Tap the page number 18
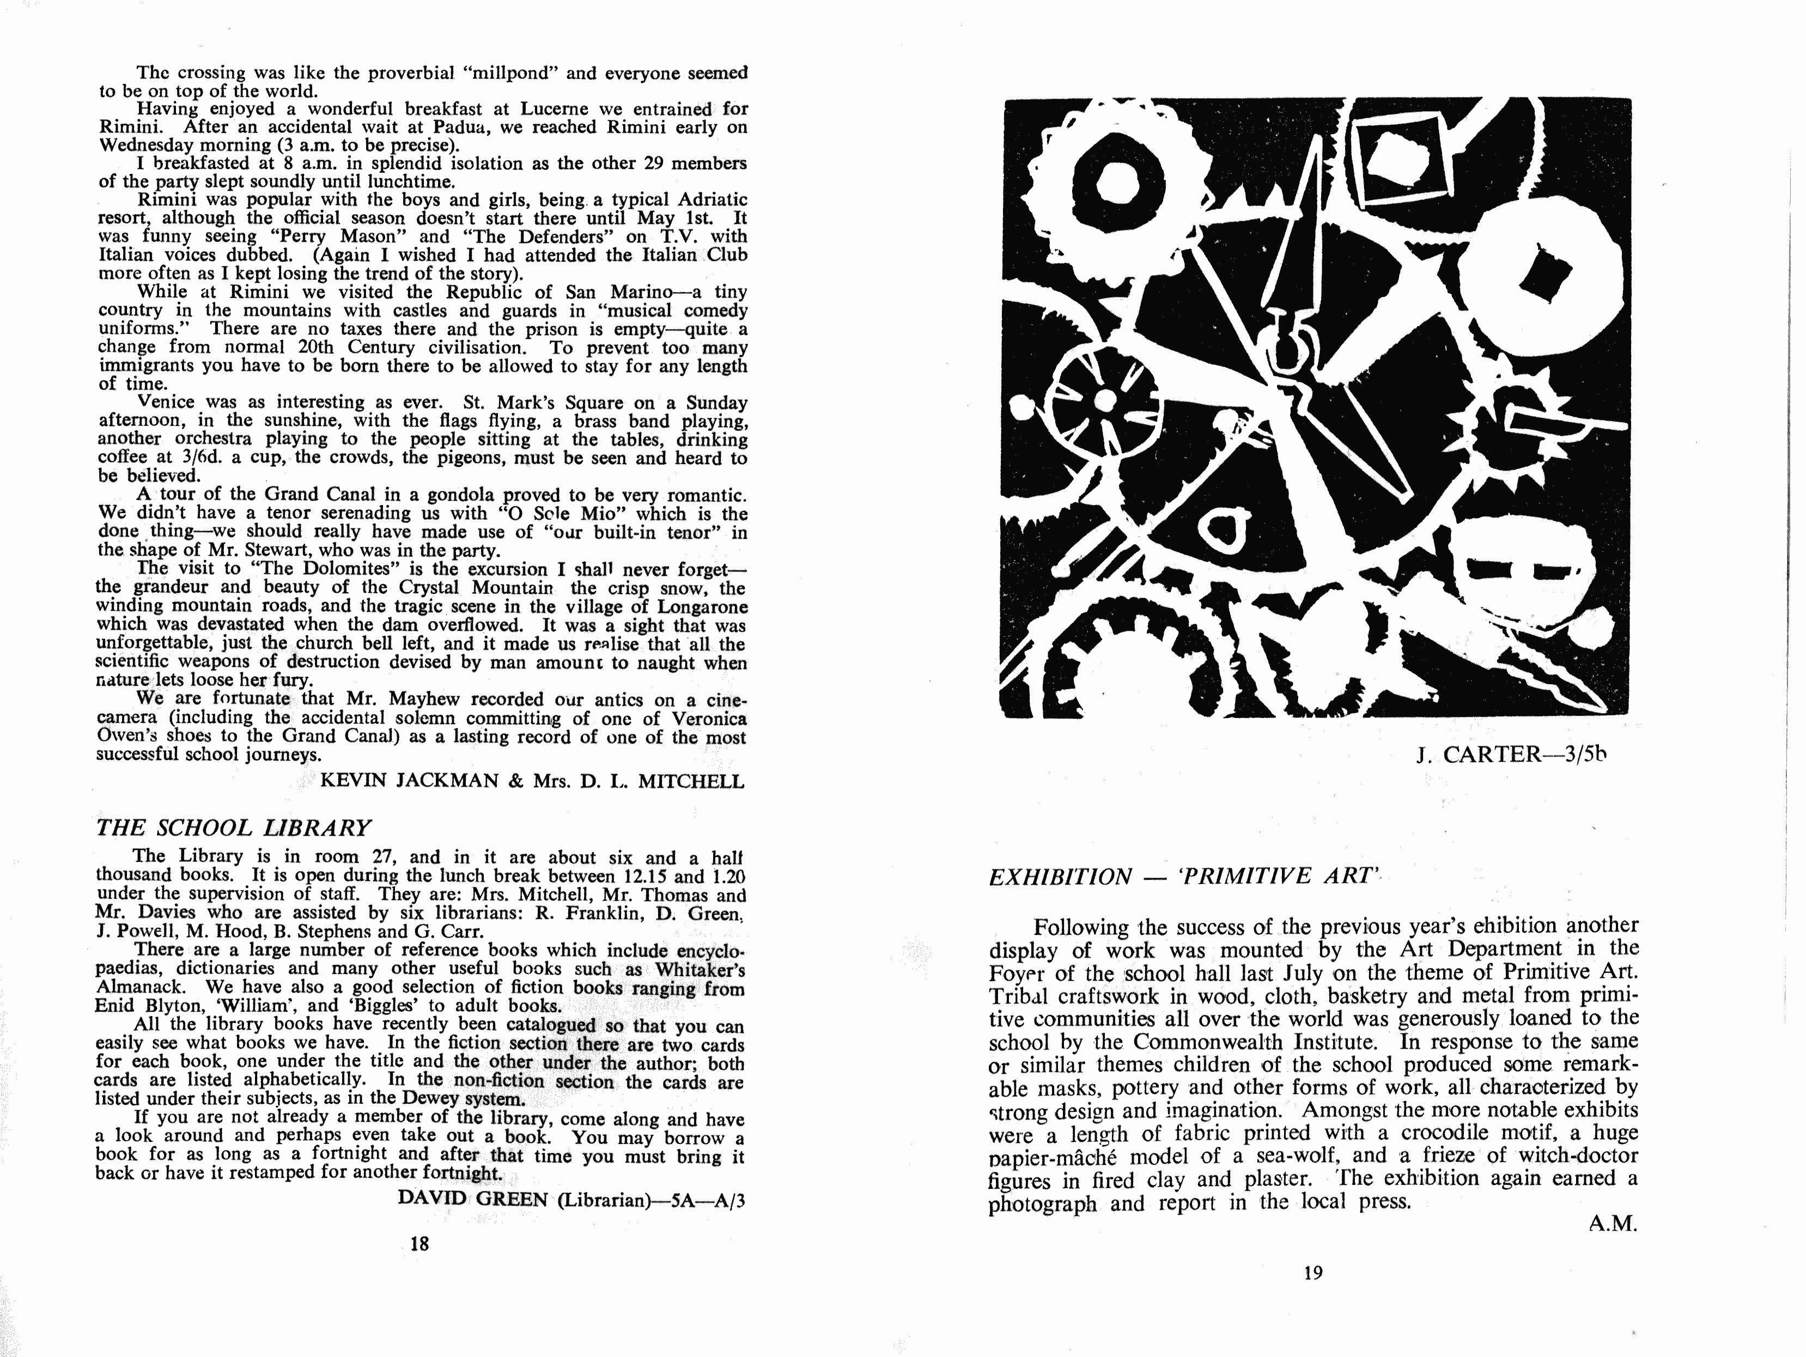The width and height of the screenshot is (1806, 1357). pyautogui.click(x=419, y=1244)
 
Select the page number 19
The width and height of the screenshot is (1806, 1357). pyautogui.click(x=1313, y=1272)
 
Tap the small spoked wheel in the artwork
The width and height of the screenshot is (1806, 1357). pyautogui.click(x=1104, y=400)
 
